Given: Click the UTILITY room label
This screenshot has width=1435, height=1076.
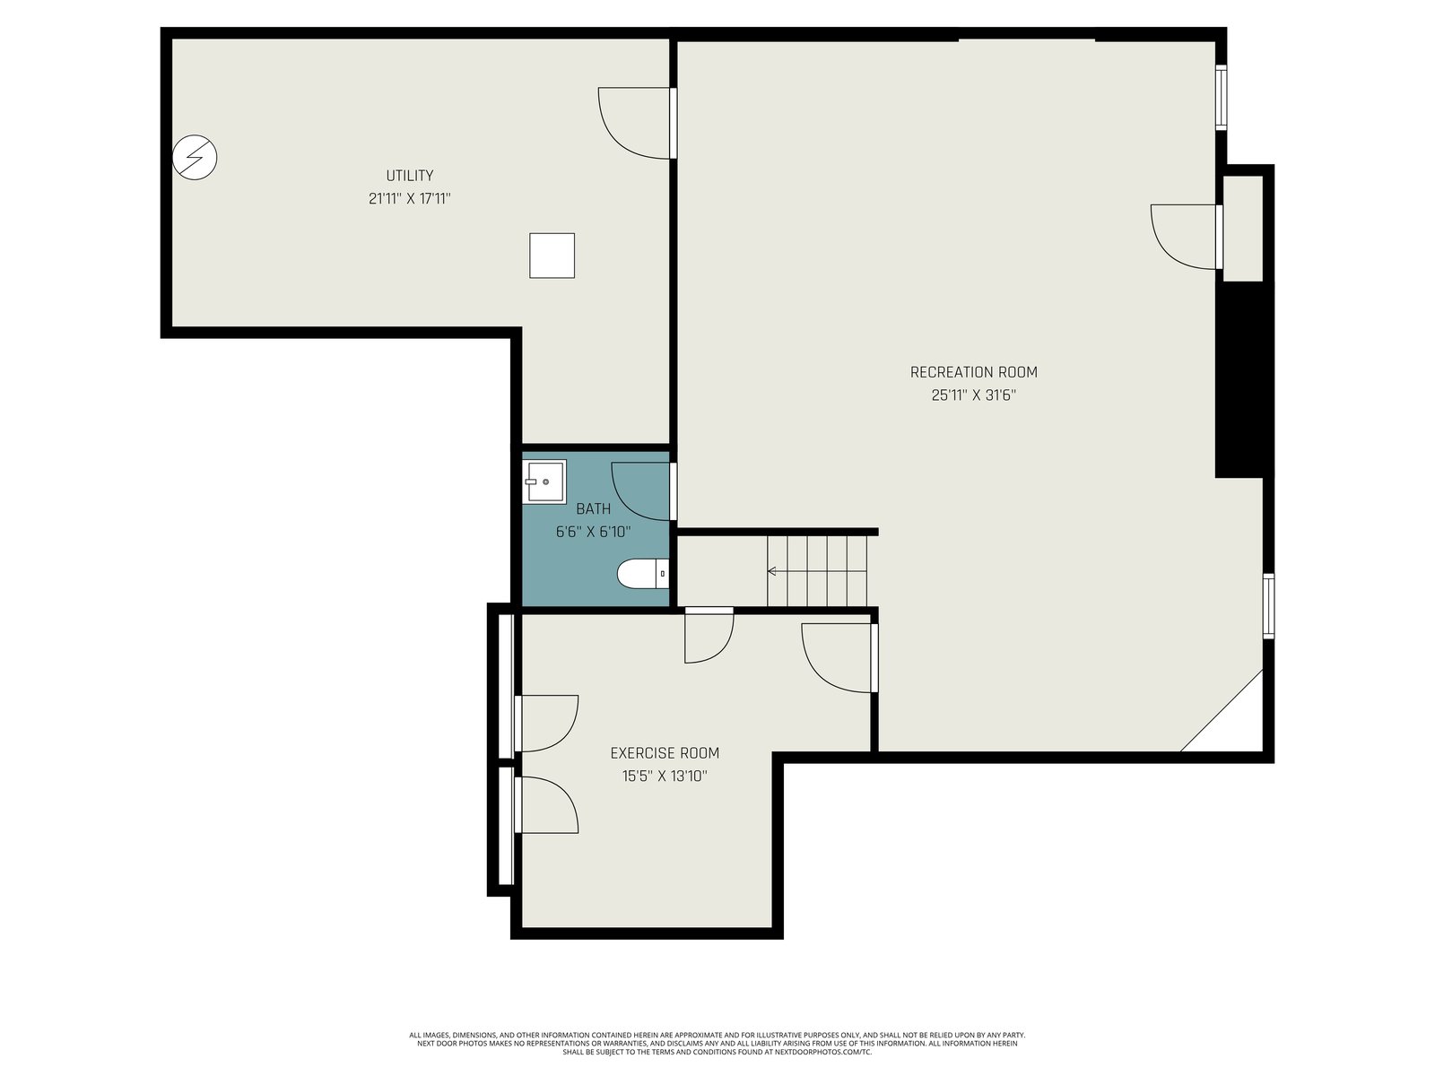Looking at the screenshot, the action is [409, 176].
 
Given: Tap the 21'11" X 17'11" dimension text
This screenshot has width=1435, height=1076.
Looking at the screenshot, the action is [409, 198].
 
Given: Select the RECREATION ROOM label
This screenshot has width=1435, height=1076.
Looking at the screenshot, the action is [973, 372].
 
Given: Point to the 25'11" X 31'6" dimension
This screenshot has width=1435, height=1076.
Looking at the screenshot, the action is [973, 395].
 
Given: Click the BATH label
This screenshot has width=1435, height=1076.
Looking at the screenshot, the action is [593, 509].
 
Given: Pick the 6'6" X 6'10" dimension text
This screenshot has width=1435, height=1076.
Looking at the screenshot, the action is [593, 532].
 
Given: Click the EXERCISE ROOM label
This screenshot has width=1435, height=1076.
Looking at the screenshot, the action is [665, 753].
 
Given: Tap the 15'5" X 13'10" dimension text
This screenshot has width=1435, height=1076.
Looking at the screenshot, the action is [665, 777].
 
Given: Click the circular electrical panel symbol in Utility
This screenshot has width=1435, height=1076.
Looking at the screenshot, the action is [194, 158].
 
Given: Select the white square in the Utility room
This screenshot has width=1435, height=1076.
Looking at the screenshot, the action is [552, 256].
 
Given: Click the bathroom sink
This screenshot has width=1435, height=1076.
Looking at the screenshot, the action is [544, 482].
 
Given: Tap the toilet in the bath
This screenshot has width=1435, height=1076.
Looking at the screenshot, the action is [643, 574].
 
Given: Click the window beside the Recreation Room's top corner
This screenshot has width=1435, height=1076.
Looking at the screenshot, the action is [1221, 97].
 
